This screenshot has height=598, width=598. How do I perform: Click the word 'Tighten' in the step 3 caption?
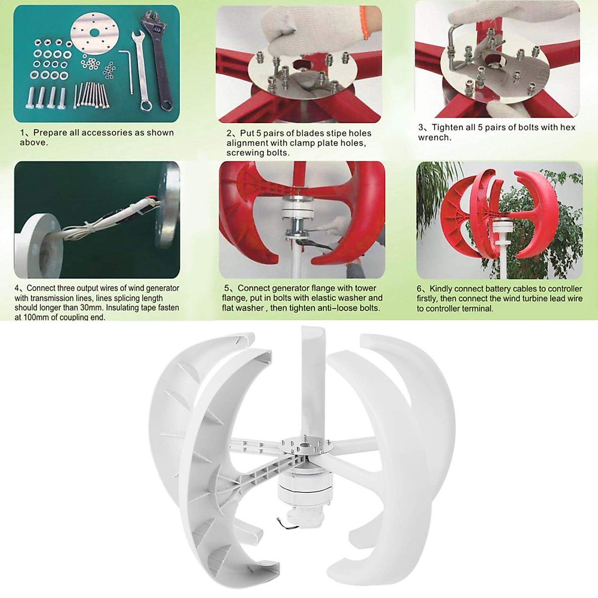(447, 128)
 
